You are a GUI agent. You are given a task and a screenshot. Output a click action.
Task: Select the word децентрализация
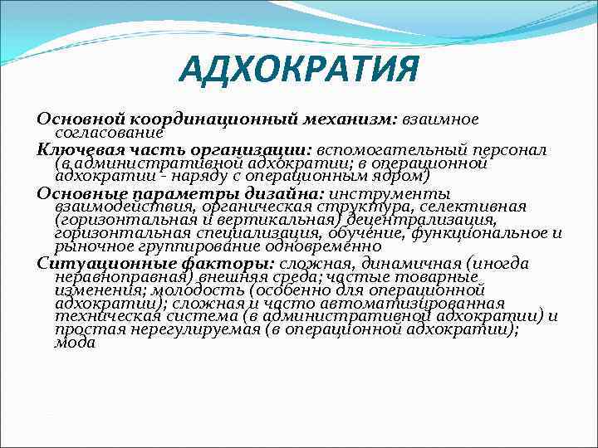pos(423,219)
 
